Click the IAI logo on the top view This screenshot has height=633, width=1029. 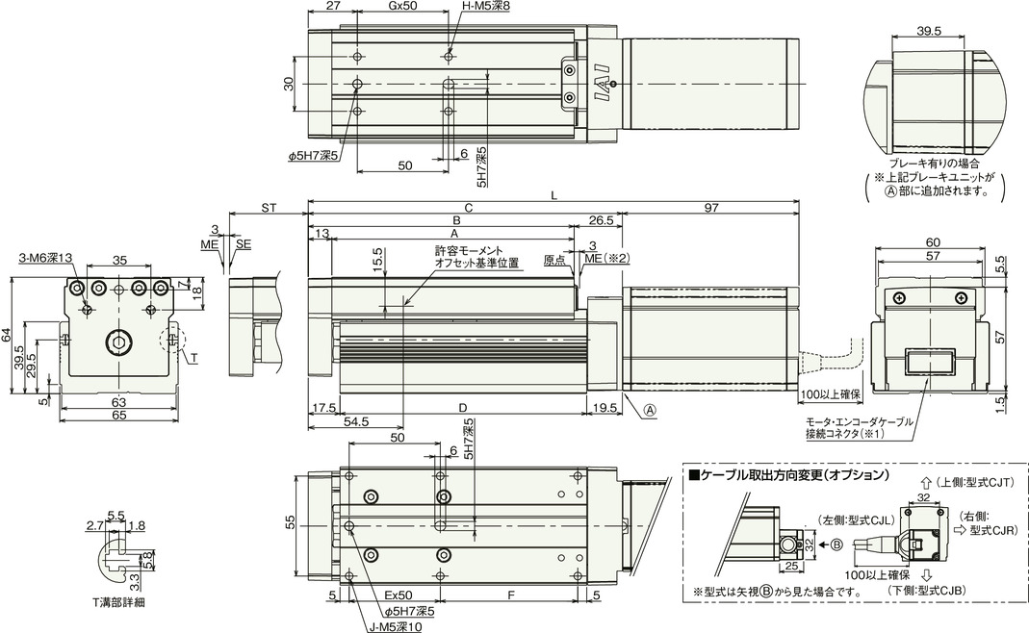[604, 85]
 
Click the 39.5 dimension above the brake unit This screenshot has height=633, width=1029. [929, 31]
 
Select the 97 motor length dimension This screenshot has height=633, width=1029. [711, 208]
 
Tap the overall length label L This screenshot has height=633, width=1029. [554, 195]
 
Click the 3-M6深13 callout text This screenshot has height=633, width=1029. [44, 259]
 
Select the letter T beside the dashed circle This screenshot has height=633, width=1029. [194, 359]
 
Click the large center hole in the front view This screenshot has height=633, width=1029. [118, 342]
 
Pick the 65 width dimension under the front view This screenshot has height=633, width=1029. [118, 416]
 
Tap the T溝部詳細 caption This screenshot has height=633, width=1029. [118, 602]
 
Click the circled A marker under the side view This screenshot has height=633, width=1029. [649, 410]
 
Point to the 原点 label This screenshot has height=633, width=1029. [554, 260]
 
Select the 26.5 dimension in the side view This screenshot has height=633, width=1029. [601, 220]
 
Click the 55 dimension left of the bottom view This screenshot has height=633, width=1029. [291, 522]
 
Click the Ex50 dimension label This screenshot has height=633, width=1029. [399, 595]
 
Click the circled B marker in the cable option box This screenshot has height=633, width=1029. [836, 544]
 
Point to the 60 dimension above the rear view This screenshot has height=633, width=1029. [933, 242]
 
